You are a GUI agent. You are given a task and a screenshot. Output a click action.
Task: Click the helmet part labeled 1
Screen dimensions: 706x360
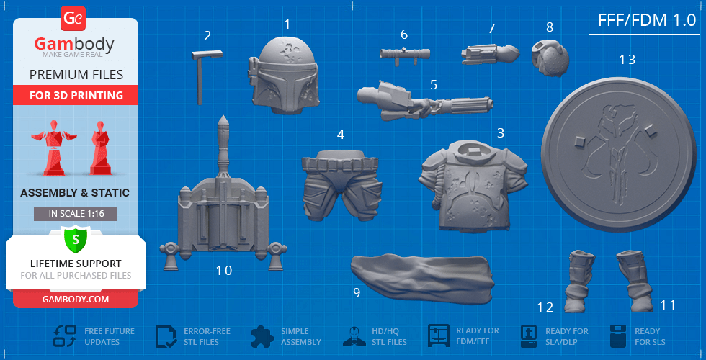(x=284, y=76)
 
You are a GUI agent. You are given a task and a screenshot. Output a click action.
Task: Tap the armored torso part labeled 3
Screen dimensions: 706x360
(x=473, y=186)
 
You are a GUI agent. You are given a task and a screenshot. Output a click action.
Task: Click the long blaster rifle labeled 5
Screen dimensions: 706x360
(x=424, y=102)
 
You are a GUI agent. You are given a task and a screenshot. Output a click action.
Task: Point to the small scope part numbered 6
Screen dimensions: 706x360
(x=404, y=55)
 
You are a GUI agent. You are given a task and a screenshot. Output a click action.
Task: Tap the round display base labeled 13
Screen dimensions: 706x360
(x=619, y=156)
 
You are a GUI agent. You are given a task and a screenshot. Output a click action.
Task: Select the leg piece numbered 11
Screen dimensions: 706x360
(x=635, y=281)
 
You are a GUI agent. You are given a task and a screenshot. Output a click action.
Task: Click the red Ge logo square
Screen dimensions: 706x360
(x=73, y=19)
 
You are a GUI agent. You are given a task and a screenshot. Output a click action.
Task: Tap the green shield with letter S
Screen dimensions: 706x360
(x=76, y=240)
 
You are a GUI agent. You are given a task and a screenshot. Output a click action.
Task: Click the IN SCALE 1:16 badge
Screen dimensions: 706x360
(x=76, y=214)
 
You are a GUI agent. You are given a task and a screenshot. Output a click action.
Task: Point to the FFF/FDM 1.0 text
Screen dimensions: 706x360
(x=647, y=20)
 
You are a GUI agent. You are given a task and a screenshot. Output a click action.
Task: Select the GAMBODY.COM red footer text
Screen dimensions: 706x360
(x=76, y=299)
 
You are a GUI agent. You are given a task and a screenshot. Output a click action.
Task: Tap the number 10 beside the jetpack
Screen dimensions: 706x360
(x=224, y=271)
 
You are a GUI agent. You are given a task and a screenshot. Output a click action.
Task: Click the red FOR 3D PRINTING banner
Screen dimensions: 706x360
(x=76, y=95)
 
